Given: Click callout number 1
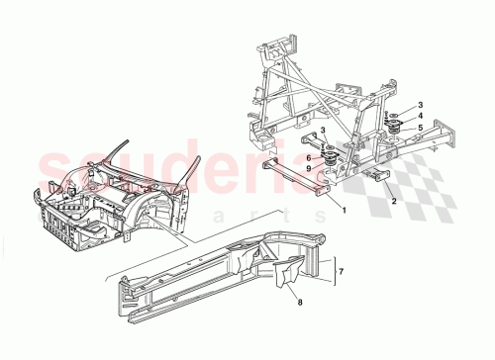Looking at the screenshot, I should pyautogui.click(x=344, y=210).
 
